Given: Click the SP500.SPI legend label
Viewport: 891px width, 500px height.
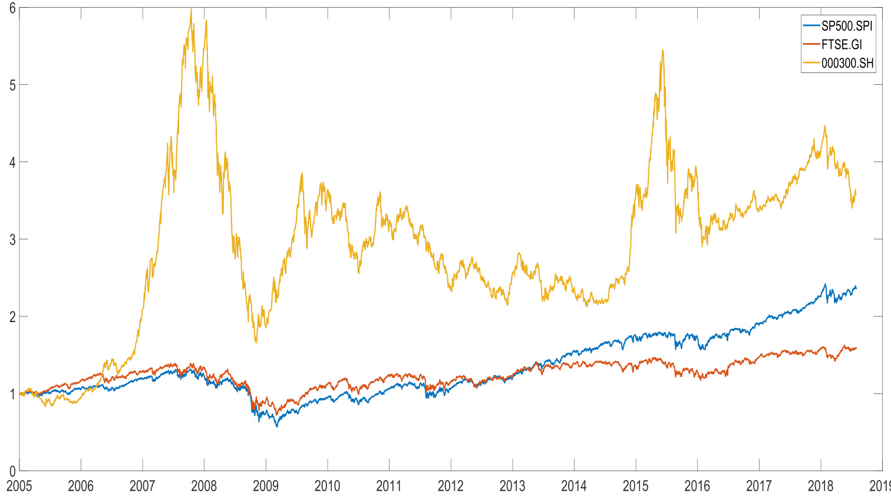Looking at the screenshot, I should coord(847,27).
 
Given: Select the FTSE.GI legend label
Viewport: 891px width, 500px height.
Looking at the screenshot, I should coord(841,45).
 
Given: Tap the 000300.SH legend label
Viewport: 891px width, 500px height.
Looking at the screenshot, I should coord(847,64).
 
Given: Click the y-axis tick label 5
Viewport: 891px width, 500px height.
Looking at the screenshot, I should coord(12,85).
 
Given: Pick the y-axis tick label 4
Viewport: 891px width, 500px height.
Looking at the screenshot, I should coord(12,162).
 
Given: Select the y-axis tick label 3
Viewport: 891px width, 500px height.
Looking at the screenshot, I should coord(12,239).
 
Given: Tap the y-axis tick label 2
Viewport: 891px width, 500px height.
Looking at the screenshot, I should coord(12,316).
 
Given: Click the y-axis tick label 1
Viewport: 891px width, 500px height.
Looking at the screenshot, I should coord(12,393).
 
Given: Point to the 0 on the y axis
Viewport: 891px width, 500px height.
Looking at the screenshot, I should coord(12,471).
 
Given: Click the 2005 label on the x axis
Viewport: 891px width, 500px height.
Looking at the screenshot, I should coord(19,486).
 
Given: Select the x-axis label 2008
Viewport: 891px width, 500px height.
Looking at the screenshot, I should coord(204,486).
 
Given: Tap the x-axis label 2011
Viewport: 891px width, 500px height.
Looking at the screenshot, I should coord(389,486).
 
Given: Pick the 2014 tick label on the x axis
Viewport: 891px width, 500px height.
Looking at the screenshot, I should coord(574,486).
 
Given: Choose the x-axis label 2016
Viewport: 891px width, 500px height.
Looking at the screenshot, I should coord(697,486).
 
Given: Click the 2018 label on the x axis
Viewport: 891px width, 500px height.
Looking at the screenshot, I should coord(820,486).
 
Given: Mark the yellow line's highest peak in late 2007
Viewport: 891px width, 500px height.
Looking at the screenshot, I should coord(191,9).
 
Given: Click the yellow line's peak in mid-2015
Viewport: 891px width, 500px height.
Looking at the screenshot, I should coord(663,51).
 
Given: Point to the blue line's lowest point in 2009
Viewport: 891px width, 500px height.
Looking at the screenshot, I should coord(277,426).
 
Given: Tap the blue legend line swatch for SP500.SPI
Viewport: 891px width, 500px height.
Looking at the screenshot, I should coord(811,27).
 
